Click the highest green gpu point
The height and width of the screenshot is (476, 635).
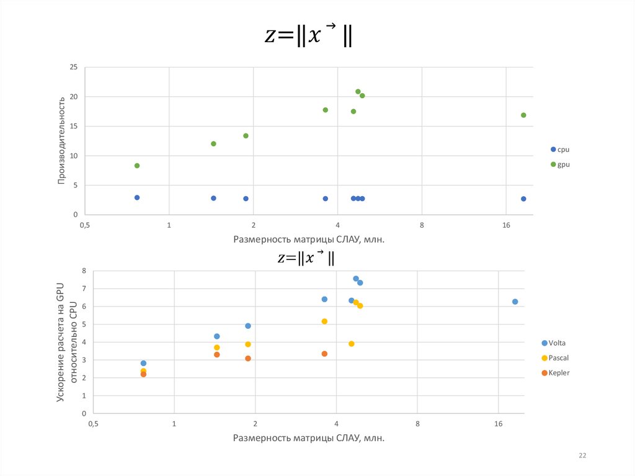click(x=358, y=92)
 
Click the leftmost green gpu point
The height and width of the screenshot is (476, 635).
click(x=137, y=166)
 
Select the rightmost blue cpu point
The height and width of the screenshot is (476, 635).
click(x=523, y=199)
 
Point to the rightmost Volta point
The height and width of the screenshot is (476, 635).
click(x=515, y=302)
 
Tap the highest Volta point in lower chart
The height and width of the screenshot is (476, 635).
click(x=356, y=279)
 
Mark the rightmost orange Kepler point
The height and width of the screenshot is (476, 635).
click(x=324, y=354)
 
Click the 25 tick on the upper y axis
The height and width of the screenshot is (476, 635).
click(x=73, y=67)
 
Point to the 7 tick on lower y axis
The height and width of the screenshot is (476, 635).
click(x=82, y=289)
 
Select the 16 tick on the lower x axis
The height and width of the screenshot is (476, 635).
click(x=499, y=424)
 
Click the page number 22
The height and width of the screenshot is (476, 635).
click(x=582, y=456)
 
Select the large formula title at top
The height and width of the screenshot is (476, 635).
click(x=308, y=35)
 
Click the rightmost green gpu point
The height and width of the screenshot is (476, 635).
click(x=523, y=115)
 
